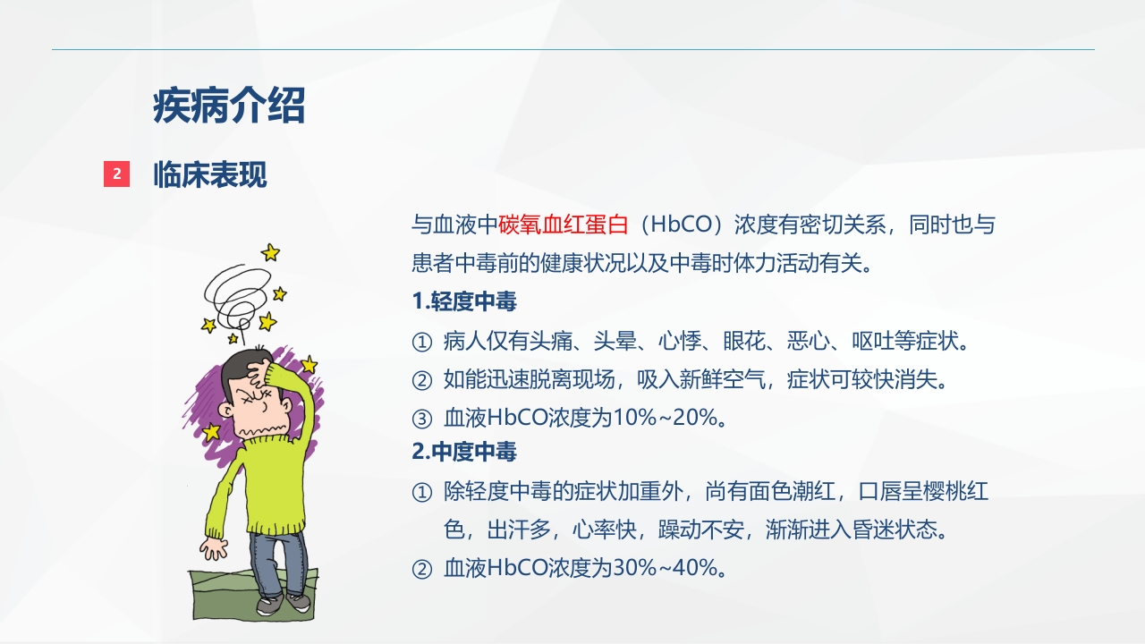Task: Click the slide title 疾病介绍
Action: [229, 106]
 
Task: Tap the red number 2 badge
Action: [116, 174]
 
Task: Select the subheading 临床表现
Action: [210, 175]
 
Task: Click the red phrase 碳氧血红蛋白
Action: [564, 224]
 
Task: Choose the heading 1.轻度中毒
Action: [464, 301]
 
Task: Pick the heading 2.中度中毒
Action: [464, 452]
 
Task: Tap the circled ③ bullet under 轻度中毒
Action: [421, 419]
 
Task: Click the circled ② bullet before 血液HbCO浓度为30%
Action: [421, 569]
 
